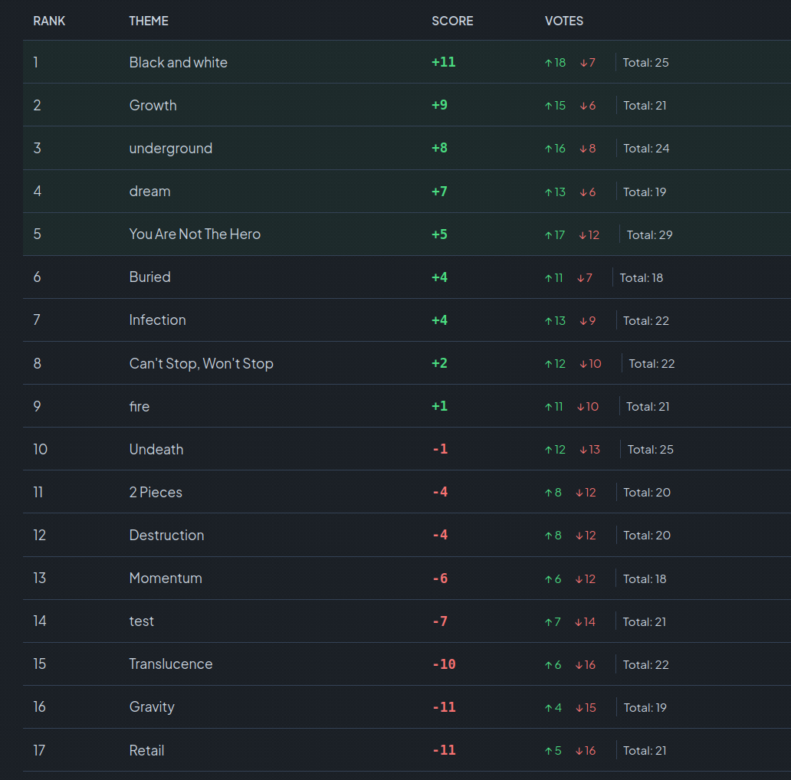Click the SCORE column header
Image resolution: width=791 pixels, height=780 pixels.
tap(452, 21)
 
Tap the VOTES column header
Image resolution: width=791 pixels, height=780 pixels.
tap(563, 21)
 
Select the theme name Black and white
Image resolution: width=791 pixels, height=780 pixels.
tap(178, 62)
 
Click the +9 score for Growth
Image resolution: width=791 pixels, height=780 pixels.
tap(439, 105)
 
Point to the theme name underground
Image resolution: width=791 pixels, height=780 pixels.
tap(170, 148)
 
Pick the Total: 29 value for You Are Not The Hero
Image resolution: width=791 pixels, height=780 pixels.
tap(649, 234)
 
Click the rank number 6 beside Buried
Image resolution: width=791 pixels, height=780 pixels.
tap(37, 277)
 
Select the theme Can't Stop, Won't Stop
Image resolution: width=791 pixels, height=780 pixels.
tap(201, 363)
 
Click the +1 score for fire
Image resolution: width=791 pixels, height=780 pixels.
tap(439, 406)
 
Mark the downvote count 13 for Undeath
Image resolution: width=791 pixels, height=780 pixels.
tap(590, 449)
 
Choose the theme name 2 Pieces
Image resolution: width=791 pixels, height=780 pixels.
tap(156, 492)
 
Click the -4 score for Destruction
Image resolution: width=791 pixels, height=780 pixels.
tap(440, 535)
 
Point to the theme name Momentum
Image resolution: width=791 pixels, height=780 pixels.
tap(166, 578)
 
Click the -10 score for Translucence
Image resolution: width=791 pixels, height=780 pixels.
tap(444, 664)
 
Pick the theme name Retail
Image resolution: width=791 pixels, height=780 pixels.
tap(146, 750)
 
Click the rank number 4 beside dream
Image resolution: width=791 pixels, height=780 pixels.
tap(37, 191)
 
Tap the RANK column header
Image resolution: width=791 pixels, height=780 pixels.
tap(49, 21)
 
